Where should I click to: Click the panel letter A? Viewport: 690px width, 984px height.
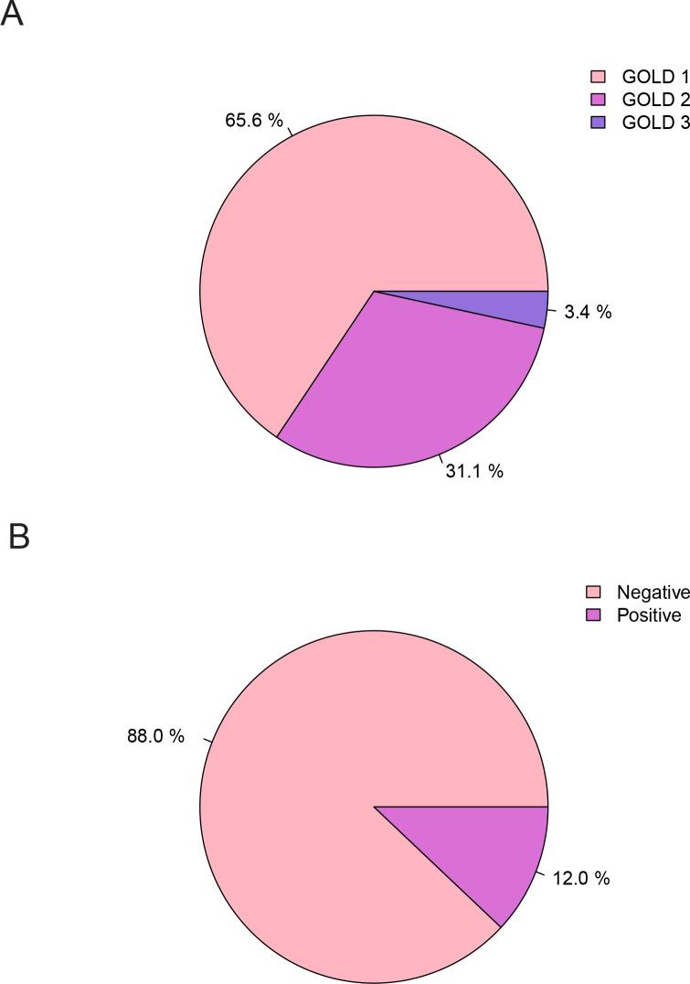[x=11, y=16]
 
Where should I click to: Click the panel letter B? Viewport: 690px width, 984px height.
[x=18, y=535]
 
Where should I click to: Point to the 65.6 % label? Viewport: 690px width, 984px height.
[x=254, y=119]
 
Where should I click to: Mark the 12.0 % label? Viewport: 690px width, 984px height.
[x=579, y=879]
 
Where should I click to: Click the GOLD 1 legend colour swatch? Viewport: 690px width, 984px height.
[x=599, y=76]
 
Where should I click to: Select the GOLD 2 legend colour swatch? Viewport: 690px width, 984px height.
[x=599, y=100]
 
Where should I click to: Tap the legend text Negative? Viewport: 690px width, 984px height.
[x=653, y=593]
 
